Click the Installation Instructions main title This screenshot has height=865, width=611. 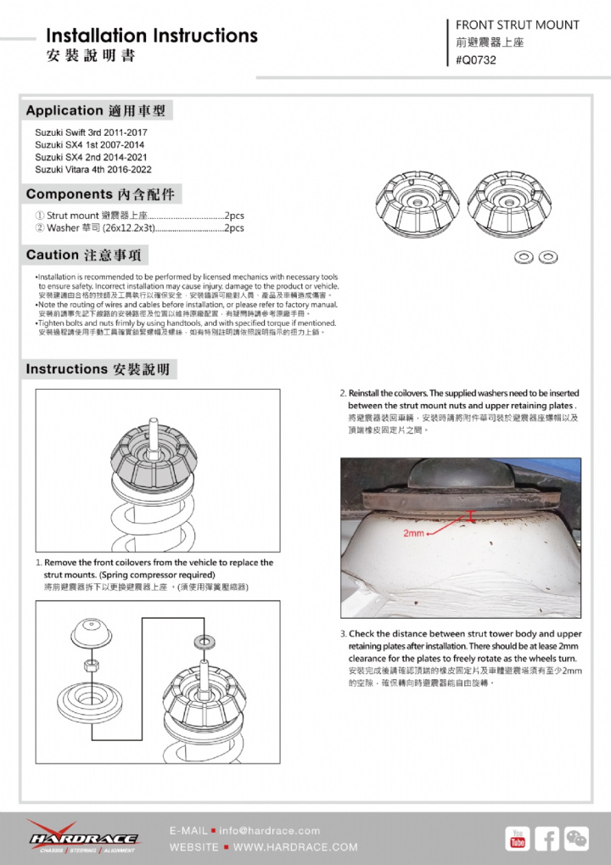click(152, 36)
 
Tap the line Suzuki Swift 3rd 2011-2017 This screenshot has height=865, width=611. click(91, 133)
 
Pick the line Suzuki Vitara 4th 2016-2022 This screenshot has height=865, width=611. click(93, 169)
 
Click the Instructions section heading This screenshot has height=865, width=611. click(98, 369)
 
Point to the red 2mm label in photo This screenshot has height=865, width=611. click(414, 533)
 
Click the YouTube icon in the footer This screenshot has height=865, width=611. click(517, 838)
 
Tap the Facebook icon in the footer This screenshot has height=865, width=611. click(547, 838)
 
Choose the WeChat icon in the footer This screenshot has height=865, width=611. click(577, 838)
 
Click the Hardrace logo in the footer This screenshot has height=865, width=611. click(82, 836)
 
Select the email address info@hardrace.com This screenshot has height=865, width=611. click(270, 830)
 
